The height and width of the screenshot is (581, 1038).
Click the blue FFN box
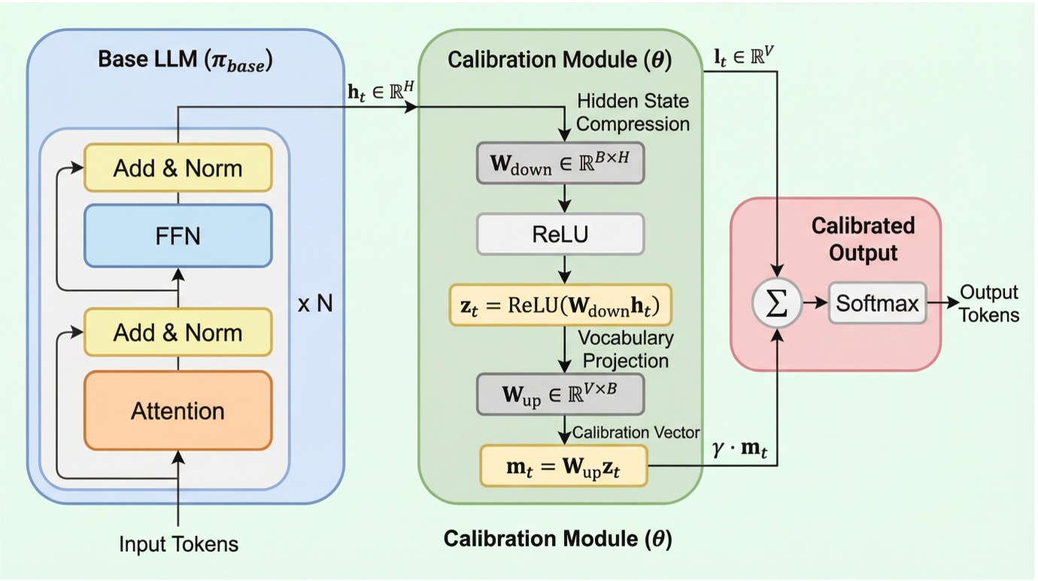(178, 235)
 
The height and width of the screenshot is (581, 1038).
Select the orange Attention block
(178, 410)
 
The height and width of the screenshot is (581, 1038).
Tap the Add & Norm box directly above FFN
(178, 168)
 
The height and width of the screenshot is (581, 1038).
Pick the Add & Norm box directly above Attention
(178, 332)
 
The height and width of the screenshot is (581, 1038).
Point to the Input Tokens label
(178, 543)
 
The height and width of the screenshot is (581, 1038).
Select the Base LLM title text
(185, 60)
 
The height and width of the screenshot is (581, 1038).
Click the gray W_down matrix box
(560, 162)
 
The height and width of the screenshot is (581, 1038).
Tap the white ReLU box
(560, 235)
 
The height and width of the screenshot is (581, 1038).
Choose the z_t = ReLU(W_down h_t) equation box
(560, 306)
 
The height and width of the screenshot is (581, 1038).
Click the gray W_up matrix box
(560, 394)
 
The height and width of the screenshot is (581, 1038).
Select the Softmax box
(877, 304)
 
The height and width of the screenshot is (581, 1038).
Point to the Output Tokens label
(989, 304)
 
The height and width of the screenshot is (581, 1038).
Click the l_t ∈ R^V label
(745, 57)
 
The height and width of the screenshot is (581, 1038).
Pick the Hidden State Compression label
(632, 112)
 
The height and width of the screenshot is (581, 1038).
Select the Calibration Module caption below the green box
(557, 538)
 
